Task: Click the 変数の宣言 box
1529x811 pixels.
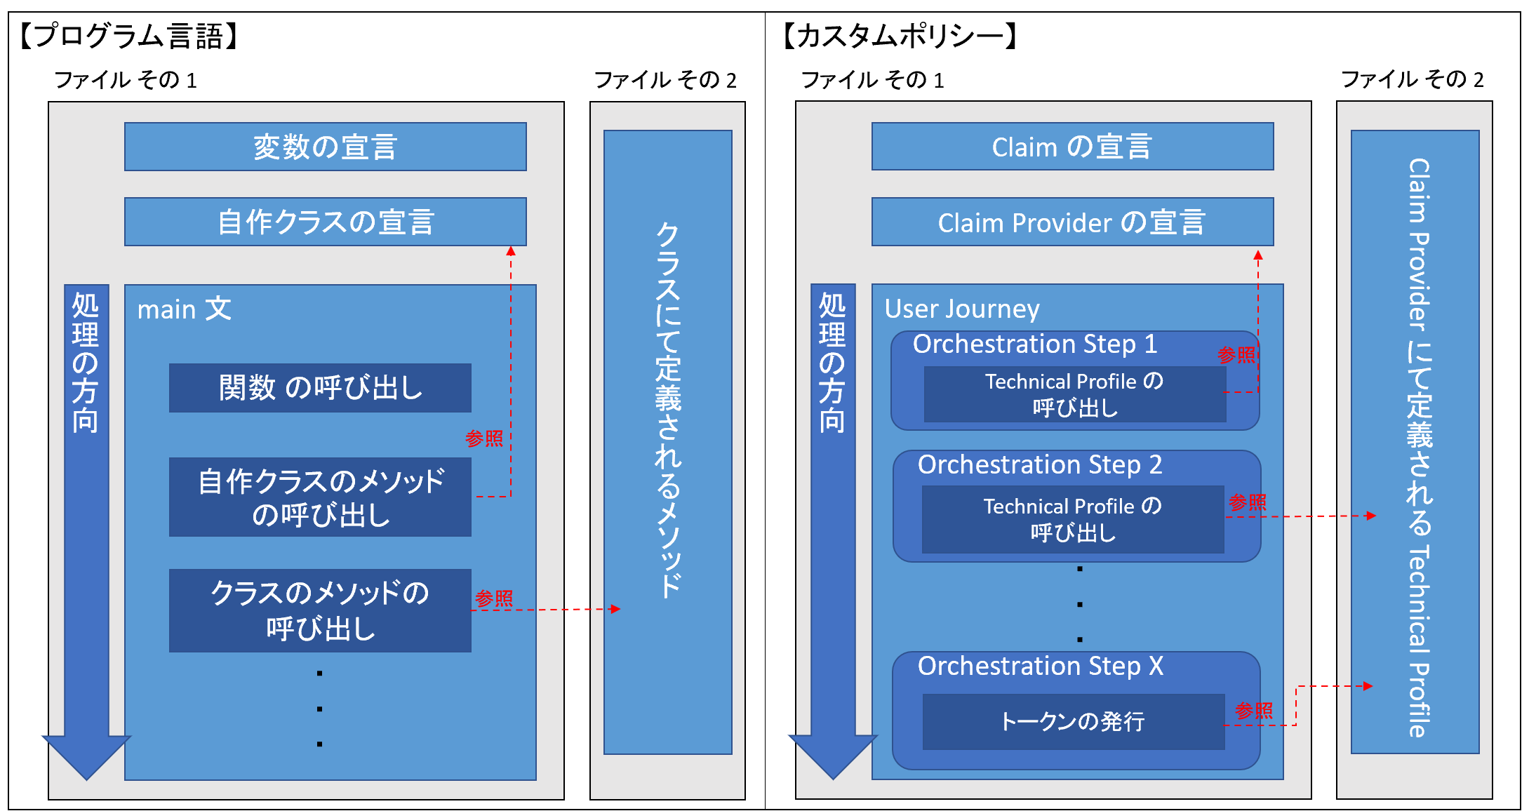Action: [326, 147]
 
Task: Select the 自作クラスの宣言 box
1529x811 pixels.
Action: [326, 222]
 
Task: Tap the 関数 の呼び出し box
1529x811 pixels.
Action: [320, 387]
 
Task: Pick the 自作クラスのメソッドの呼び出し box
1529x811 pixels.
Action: [320, 497]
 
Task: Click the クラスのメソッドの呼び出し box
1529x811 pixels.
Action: [320, 610]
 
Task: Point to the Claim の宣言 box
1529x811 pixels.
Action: [1072, 147]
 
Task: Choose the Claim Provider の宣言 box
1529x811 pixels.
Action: [1072, 222]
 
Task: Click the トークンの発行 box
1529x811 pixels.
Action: [1074, 722]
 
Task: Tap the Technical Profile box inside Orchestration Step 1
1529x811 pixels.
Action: [1075, 394]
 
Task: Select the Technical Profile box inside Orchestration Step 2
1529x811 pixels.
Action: [1073, 519]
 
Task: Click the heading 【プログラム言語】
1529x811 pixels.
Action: [130, 36]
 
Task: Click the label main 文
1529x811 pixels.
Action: [184, 309]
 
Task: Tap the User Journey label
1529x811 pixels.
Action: [962, 309]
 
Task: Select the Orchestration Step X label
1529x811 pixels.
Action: [1041, 666]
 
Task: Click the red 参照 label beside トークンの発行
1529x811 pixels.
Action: [1254, 711]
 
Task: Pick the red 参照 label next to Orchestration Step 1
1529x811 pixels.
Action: [1236, 355]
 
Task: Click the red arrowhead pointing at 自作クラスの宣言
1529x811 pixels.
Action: [511, 251]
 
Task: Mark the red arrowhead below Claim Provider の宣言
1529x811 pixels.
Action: [1258, 255]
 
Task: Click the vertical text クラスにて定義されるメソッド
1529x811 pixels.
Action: [668, 410]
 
